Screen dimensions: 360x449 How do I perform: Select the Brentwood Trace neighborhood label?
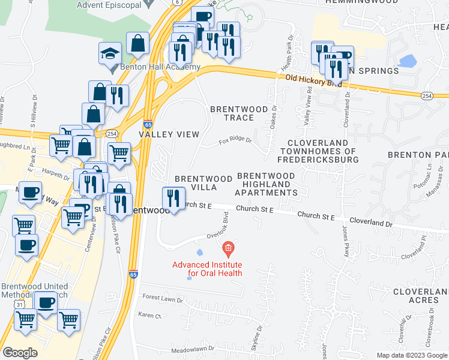tap(231, 113)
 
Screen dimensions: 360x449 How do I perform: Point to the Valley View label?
tap(169, 134)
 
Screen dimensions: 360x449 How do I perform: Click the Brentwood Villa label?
tap(203, 184)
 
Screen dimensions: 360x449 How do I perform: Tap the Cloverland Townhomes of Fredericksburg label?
tap(318, 152)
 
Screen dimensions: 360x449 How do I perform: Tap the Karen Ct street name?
tap(150, 315)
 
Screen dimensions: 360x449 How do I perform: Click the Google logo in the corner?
tap(20, 352)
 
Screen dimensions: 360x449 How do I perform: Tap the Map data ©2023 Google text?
tap(411, 355)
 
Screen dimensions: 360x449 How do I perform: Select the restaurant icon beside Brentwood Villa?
tap(173, 199)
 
